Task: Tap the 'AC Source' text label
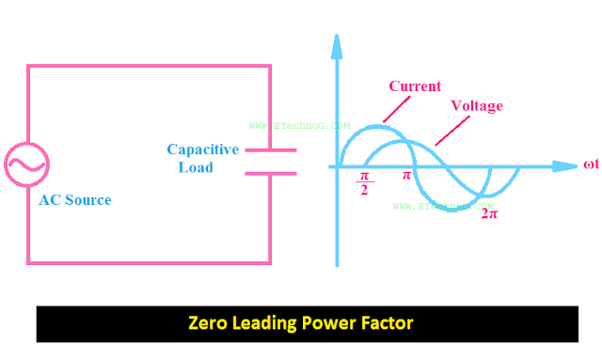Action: pyautogui.click(x=74, y=200)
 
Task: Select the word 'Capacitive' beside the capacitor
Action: pyautogui.click(x=202, y=149)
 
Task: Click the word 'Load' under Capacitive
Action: pyautogui.click(x=196, y=168)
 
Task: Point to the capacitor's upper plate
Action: pyautogui.click(x=271, y=149)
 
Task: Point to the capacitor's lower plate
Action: pyautogui.click(x=271, y=172)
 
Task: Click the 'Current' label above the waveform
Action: pyautogui.click(x=415, y=86)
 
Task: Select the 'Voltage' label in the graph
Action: pyautogui.click(x=476, y=106)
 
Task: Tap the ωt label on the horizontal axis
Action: pyautogui.click(x=591, y=165)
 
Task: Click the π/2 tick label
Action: pyautogui.click(x=366, y=181)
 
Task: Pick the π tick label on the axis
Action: pyautogui.click(x=407, y=176)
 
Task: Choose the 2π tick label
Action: pyautogui.click(x=489, y=213)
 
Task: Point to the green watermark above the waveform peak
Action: pyautogui.click(x=299, y=124)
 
